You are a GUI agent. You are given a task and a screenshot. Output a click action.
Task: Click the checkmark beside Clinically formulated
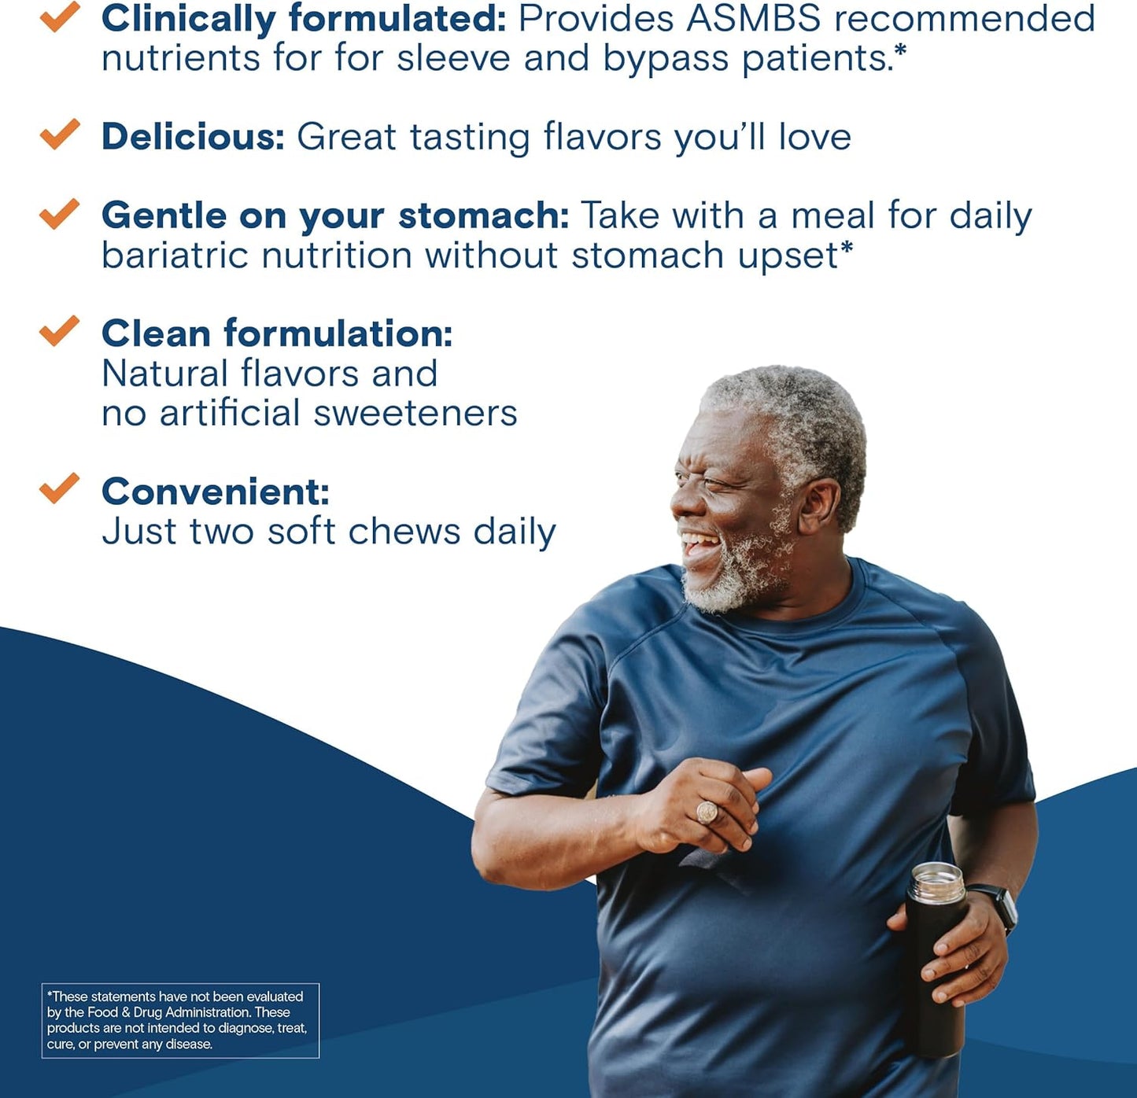coord(60,17)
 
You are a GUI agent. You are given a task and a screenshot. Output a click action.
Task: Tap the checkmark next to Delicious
coord(60,134)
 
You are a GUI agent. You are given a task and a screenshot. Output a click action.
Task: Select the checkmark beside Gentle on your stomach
coord(60,213)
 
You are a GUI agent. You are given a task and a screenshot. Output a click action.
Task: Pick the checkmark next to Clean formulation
coord(60,331)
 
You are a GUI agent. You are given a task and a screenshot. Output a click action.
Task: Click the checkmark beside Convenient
coord(60,488)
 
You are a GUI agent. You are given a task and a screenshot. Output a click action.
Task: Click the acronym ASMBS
coord(753,19)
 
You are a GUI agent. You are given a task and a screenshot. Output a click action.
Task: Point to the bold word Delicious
coord(193,137)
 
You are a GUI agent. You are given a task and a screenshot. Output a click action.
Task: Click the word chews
coord(404,532)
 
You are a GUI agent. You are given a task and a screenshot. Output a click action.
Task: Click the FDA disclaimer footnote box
coord(180,1020)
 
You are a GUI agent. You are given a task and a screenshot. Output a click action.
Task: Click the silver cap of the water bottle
coord(936,882)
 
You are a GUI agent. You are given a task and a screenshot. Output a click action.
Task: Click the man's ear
coord(818,503)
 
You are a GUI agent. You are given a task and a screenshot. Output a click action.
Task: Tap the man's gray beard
coord(732,578)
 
